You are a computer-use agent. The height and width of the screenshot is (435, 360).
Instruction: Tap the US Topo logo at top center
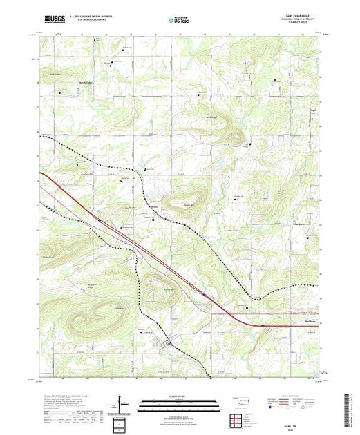coord(179,21)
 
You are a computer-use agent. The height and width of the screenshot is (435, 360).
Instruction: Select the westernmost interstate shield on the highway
coord(98,220)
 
